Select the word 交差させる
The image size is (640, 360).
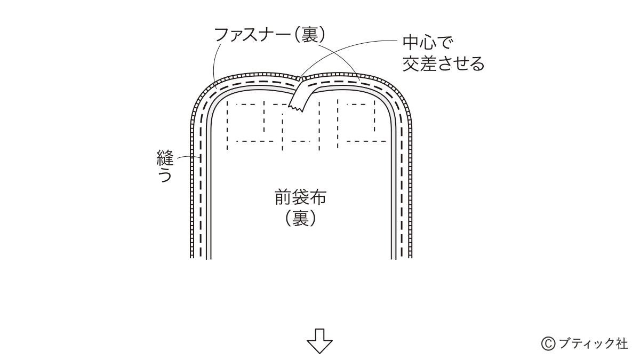(x=443, y=64)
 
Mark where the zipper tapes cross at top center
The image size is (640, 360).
(x=301, y=80)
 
